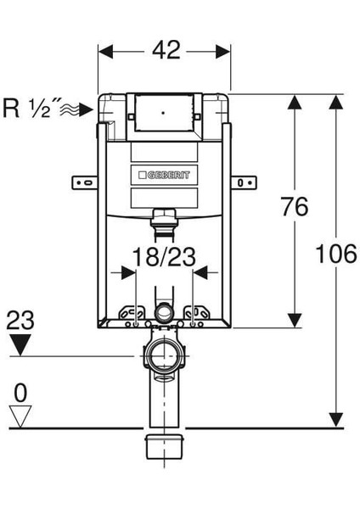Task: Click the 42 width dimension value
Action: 166,50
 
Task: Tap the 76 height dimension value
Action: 295,206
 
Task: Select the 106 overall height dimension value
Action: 336,254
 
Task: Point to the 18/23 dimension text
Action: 164,257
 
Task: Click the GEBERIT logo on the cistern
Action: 164,176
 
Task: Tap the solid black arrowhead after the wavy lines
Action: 87,109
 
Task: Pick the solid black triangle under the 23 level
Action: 20,344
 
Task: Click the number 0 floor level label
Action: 20,393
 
